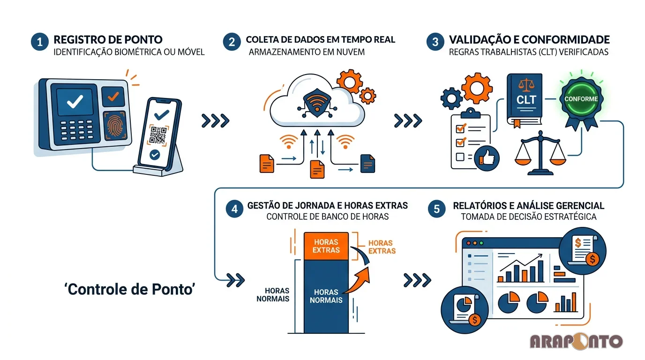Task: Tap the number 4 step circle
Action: point(234,209)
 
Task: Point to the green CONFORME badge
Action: point(581,99)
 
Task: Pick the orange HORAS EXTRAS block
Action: point(327,246)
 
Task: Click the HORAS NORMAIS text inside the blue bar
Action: point(327,296)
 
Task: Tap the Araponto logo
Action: point(576,341)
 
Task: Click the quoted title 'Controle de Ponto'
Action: point(129,289)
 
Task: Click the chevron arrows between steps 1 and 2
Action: point(215,120)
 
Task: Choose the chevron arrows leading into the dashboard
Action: point(417,280)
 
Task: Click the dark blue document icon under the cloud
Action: point(367,164)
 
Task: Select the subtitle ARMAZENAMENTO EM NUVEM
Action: point(307,52)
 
